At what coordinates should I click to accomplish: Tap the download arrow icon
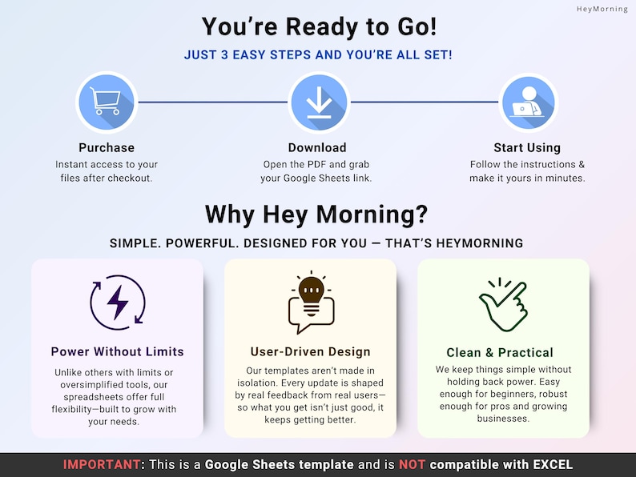click(319, 102)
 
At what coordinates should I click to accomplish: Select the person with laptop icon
click(528, 102)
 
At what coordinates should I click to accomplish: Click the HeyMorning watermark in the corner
click(602, 9)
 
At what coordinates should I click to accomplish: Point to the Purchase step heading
click(107, 147)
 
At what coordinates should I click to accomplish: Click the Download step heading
click(317, 147)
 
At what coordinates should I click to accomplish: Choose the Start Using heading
click(527, 148)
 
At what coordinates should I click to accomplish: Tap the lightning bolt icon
click(118, 303)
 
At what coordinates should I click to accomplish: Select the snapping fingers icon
click(503, 304)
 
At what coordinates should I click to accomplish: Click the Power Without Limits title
click(117, 351)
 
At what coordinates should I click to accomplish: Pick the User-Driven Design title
click(310, 352)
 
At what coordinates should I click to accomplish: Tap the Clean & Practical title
click(500, 353)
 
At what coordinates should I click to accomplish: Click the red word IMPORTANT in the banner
click(102, 464)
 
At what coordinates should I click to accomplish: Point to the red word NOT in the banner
click(412, 464)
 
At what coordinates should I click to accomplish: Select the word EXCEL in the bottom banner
click(553, 464)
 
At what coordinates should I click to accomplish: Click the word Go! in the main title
click(417, 26)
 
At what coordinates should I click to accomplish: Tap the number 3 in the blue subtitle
click(224, 54)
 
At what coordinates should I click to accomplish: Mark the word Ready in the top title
click(323, 27)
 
